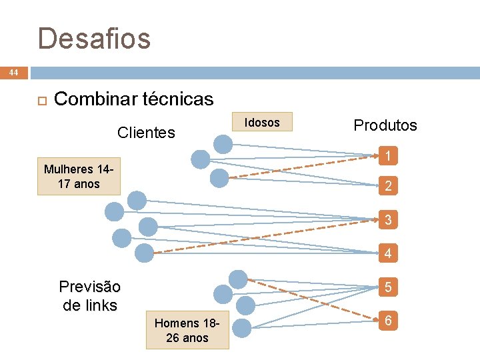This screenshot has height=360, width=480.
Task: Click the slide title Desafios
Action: click(x=94, y=39)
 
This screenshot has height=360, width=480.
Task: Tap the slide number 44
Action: click(x=14, y=72)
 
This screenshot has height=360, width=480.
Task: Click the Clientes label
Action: click(x=146, y=133)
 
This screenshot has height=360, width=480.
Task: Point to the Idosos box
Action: click(x=262, y=122)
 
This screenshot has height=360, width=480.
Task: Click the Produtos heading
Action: click(x=385, y=125)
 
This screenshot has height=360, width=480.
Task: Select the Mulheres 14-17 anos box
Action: click(x=79, y=177)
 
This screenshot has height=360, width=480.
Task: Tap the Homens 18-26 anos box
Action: click(x=187, y=330)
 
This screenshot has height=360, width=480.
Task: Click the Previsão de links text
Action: click(x=90, y=296)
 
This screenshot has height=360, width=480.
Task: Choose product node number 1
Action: click(x=387, y=157)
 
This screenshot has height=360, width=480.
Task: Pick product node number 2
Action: click(x=387, y=187)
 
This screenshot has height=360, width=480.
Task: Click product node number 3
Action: click(x=387, y=219)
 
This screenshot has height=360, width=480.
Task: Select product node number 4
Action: click(x=387, y=253)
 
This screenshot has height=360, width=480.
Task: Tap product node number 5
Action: click(x=387, y=288)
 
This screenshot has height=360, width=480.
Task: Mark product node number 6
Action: click(x=387, y=321)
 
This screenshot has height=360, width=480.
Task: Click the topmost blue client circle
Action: click(x=223, y=143)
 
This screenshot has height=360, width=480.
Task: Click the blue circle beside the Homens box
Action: click(x=241, y=327)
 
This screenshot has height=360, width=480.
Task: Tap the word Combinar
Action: click(x=95, y=99)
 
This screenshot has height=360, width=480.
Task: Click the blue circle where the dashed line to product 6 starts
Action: click(x=237, y=279)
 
